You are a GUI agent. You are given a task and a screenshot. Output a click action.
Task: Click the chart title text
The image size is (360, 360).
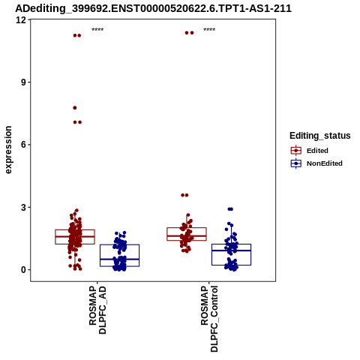[x=153, y=8]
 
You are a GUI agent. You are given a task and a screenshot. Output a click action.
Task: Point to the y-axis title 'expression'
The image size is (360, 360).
[x=8, y=150]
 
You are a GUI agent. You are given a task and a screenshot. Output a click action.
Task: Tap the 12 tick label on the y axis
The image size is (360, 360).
[x=21, y=19]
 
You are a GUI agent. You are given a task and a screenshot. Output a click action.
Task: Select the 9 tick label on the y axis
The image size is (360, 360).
[x=24, y=82]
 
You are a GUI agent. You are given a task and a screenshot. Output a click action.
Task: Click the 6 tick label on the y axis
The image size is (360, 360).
[x=24, y=145]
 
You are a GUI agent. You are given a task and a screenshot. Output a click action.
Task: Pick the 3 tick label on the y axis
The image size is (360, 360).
[x=24, y=207]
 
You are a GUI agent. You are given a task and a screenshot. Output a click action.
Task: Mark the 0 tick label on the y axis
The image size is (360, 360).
[x=24, y=270]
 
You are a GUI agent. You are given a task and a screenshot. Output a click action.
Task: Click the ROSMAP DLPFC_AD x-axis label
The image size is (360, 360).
[x=97, y=310]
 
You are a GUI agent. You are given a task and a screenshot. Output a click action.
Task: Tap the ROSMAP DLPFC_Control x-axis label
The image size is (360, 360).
[x=209, y=319]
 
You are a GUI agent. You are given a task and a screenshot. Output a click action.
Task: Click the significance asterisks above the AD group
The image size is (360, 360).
[x=97, y=30]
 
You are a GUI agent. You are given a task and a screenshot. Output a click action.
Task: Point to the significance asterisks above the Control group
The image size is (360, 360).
[x=209, y=30]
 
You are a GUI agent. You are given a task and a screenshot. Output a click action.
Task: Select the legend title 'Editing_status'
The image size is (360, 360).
[x=320, y=136]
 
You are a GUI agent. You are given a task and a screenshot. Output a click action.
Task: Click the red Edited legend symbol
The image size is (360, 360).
[x=296, y=151]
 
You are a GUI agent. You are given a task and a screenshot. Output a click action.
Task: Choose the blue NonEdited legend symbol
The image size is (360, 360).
[x=296, y=163]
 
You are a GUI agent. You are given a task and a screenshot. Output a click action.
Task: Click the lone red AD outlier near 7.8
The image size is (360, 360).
[x=75, y=108]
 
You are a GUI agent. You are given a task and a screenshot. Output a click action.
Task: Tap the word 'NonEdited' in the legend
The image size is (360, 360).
[x=325, y=163]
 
